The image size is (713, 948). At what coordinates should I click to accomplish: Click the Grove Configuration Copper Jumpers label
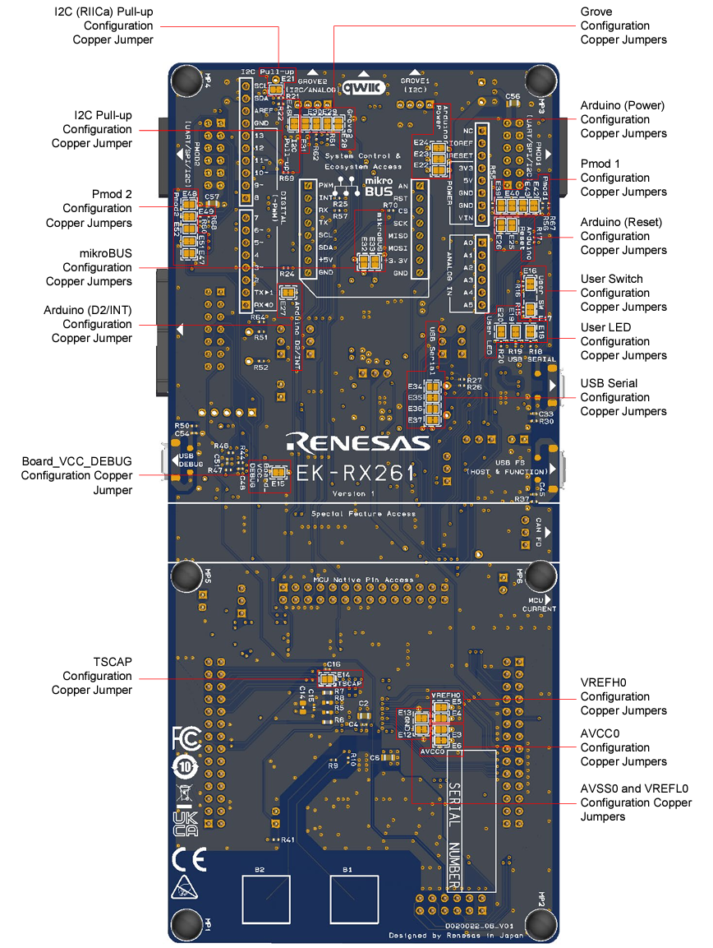(x=623, y=25)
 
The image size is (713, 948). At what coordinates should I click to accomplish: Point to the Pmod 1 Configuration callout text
(x=623, y=178)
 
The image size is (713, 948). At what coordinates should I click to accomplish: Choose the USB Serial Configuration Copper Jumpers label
(x=623, y=397)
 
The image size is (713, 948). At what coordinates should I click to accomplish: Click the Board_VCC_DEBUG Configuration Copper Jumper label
(x=76, y=475)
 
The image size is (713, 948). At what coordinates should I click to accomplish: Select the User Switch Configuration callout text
(x=623, y=293)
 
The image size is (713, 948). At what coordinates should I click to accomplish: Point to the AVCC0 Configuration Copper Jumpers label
(x=623, y=747)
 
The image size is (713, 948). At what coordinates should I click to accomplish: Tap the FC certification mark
(x=186, y=738)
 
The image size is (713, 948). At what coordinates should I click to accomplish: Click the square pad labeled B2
(x=265, y=899)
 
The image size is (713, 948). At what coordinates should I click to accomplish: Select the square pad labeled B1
(x=355, y=899)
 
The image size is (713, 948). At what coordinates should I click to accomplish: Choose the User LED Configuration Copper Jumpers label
(x=623, y=341)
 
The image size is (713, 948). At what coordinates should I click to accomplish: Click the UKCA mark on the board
(x=186, y=823)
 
